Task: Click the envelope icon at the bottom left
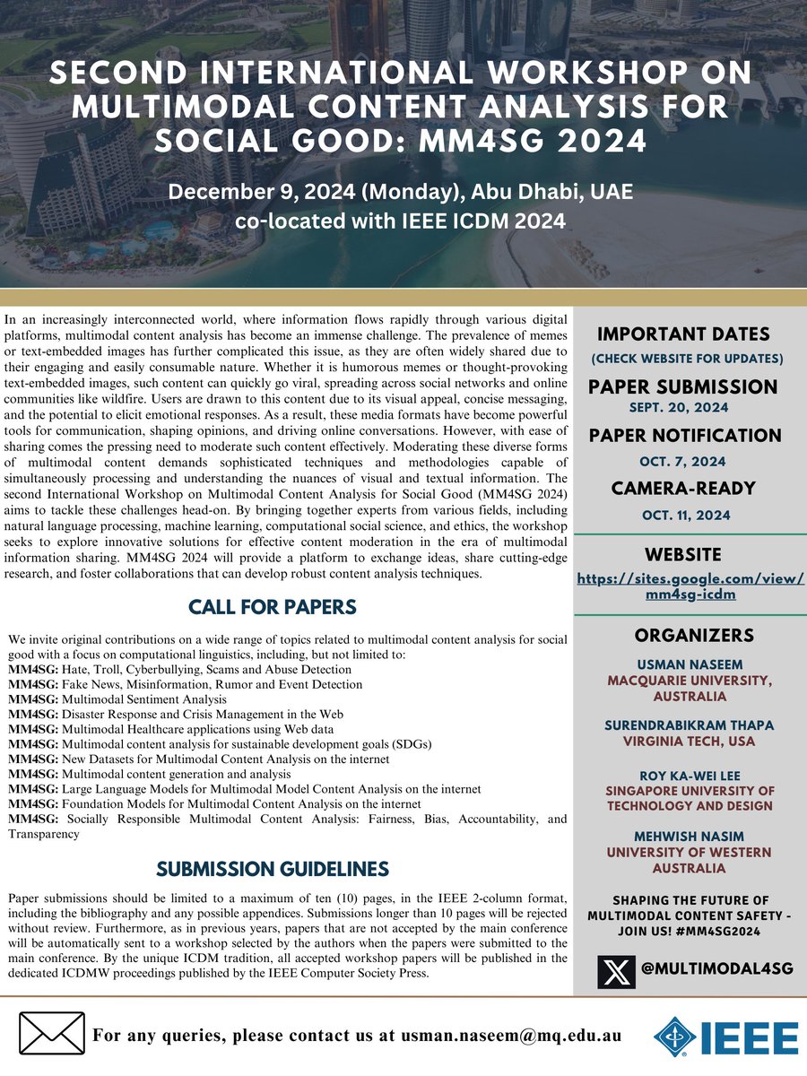click(51, 1035)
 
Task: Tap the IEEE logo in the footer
click(726, 1037)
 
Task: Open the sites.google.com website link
click(690, 586)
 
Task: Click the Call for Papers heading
click(273, 607)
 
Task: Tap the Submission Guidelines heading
click(273, 868)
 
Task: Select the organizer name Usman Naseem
click(690, 664)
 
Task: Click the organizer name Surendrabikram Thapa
click(690, 725)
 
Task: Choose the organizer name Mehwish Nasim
click(690, 836)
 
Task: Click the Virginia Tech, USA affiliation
click(690, 742)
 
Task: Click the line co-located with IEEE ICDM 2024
click(400, 221)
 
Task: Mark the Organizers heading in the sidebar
click(690, 635)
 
